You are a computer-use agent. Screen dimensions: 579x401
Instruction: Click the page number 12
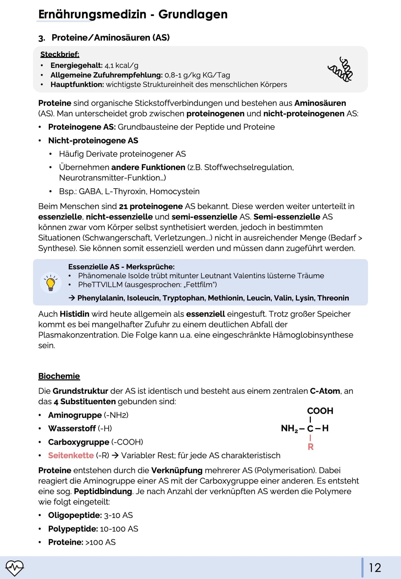375,568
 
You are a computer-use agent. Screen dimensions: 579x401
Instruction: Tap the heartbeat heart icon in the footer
15,568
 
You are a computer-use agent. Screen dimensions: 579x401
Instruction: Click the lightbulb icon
51,283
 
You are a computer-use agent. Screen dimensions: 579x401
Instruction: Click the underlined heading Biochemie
59,376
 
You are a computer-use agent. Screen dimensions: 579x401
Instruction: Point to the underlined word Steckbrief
60,54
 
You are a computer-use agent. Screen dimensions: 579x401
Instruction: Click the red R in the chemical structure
311,447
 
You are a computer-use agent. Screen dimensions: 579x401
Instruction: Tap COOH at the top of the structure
320,411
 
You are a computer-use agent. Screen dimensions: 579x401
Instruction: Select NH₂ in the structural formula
289,428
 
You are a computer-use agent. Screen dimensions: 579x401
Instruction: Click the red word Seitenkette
71,455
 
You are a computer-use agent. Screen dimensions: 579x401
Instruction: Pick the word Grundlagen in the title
193,14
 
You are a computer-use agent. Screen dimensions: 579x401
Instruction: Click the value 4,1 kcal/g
121,65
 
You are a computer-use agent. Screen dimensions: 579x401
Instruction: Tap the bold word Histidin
74,314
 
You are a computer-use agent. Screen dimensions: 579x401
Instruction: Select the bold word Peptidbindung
103,491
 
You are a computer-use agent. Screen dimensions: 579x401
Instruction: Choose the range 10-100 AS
119,529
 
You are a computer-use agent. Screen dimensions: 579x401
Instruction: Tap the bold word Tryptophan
184,298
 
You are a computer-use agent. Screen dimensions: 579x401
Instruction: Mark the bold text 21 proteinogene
151,206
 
